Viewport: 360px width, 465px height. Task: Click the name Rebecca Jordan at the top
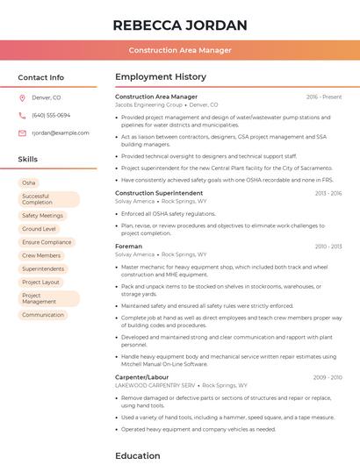pos(179,25)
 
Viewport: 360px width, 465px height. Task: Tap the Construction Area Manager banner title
pos(179,50)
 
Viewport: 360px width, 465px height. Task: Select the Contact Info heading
pos(40,77)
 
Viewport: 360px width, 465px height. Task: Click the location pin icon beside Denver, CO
pos(23,97)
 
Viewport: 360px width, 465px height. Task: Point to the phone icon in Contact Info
pos(23,115)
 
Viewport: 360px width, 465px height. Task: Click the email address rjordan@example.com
pos(61,132)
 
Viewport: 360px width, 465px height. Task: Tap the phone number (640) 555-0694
pos(51,115)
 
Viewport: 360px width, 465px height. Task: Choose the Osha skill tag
pos(29,182)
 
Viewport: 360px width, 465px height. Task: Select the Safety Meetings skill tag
pos(42,215)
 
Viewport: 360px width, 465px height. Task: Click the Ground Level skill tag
pos(39,228)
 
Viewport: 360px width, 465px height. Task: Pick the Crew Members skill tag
pos(41,255)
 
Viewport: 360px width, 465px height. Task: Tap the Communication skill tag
pos(43,314)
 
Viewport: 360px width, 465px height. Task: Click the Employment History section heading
pos(161,77)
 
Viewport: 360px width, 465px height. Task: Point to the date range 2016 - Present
pos(324,97)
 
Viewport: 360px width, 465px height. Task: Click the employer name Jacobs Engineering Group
pos(148,104)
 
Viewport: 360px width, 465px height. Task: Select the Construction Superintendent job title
pos(159,192)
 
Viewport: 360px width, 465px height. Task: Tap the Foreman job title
pos(128,247)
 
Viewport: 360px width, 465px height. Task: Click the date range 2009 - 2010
pos(327,376)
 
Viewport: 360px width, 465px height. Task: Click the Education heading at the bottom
pos(138,455)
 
